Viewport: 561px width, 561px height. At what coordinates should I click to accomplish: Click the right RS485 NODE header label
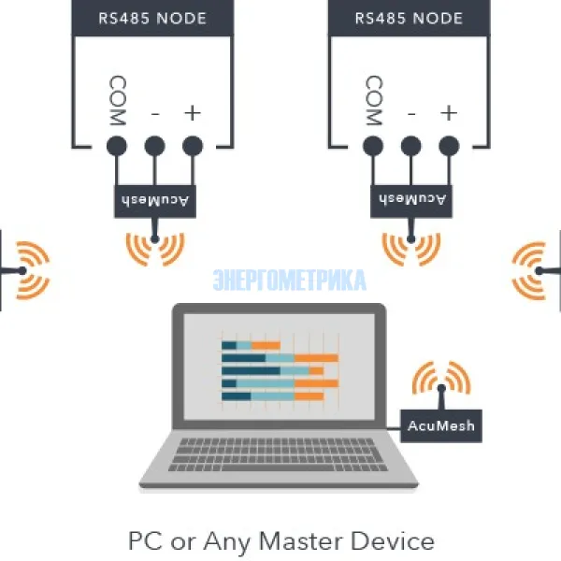tap(410, 17)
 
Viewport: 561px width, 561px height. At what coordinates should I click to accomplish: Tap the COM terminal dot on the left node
tap(117, 146)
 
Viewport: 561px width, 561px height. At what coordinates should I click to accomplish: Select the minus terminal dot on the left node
tap(155, 146)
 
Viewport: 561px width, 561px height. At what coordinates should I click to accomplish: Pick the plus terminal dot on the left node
tap(193, 146)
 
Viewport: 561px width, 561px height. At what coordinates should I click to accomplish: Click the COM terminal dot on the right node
tap(373, 146)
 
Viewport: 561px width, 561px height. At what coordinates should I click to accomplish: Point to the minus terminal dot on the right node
tap(411, 146)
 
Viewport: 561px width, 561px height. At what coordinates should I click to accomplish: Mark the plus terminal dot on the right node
tap(449, 146)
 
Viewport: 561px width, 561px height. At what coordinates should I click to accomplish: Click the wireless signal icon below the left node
tap(155, 247)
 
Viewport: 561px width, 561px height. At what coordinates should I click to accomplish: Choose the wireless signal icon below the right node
tap(411, 247)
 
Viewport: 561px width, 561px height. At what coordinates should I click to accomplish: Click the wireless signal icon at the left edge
tap(28, 270)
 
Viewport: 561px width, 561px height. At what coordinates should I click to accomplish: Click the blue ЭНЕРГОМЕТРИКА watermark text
tap(289, 280)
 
